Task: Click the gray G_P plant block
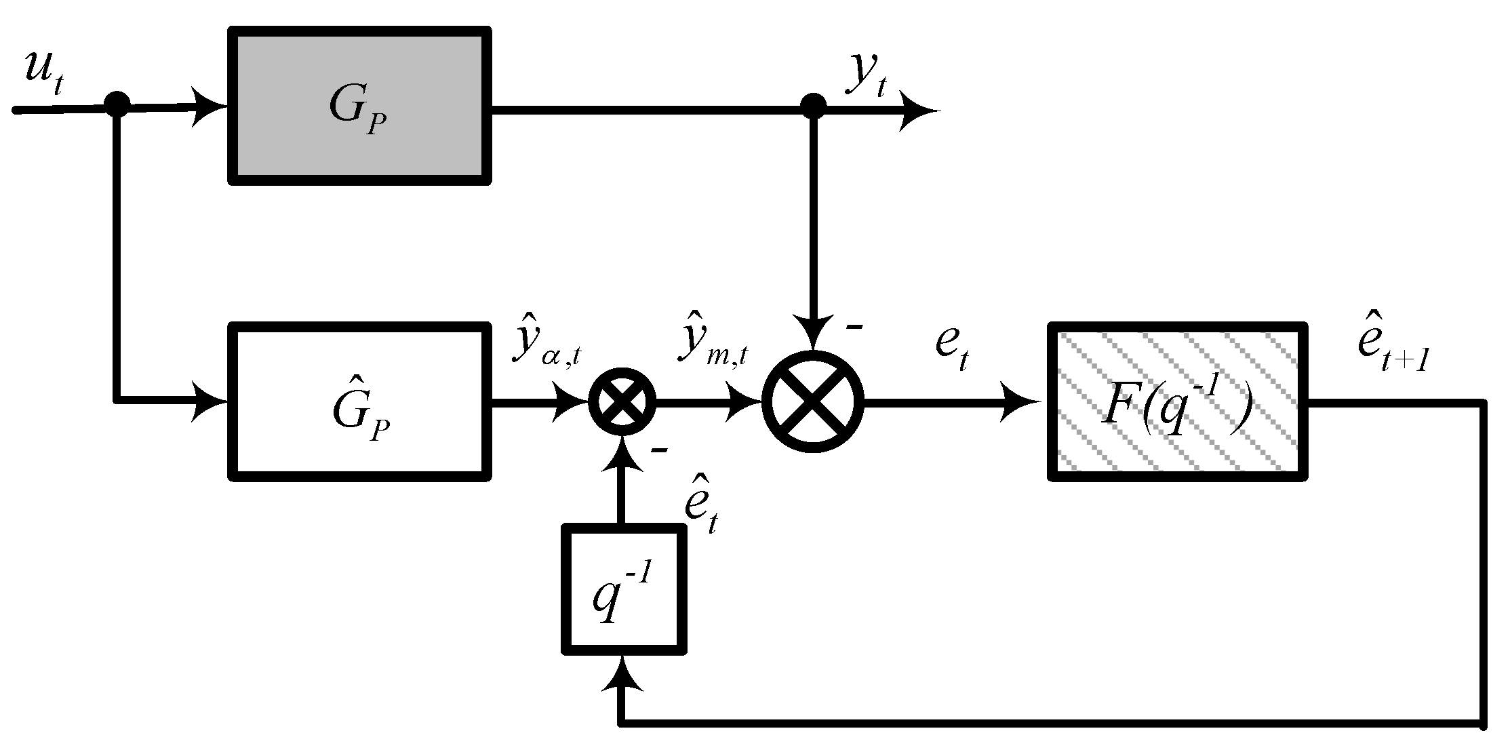(x=359, y=106)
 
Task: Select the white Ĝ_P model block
(x=359, y=402)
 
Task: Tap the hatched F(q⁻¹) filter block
(x=1177, y=402)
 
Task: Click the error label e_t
(x=951, y=347)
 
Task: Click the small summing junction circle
(x=622, y=402)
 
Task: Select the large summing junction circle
(x=813, y=402)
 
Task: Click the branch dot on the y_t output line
(x=813, y=106)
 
